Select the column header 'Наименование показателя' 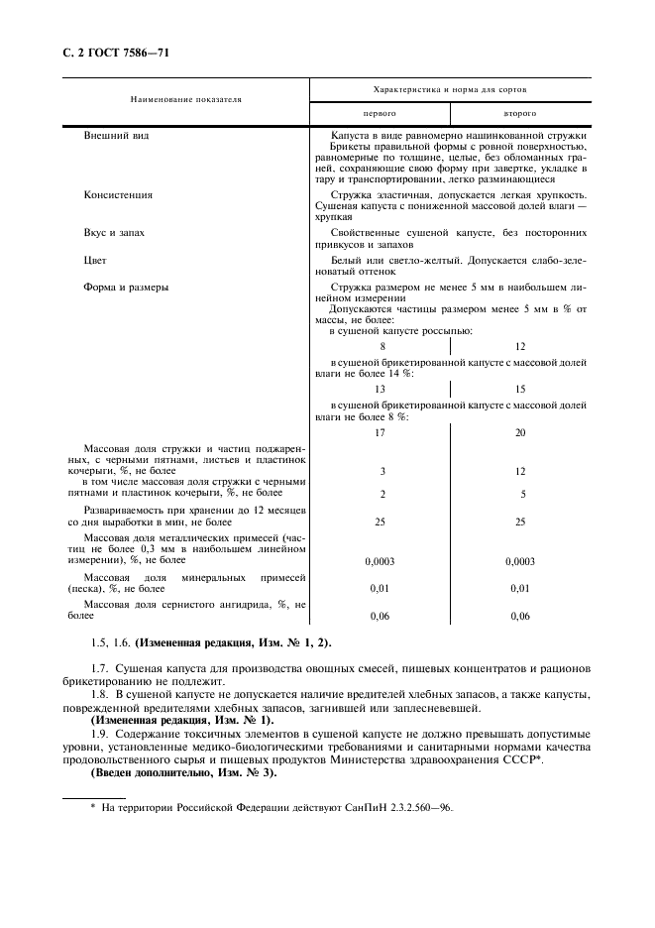[x=185, y=100]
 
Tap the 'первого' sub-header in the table [x=381, y=114]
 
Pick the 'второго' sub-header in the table [x=520, y=114]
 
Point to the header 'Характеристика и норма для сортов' [x=450, y=88]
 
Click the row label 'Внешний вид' [x=115, y=135]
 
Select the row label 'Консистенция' [x=119, y=195]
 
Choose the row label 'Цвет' [x=95, y=260]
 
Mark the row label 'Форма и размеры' [x=126, y=288]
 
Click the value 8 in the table [x=382, y=347]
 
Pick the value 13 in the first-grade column [x=381, y=390]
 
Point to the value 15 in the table [x=521, y=390]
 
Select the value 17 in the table [x=381, y=433]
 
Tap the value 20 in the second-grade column [x=521, y=433]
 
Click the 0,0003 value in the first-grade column [x=381, y=561]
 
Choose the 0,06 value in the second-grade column [x=520, y=617]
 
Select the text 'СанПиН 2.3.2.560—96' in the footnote [x=404, y=808]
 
